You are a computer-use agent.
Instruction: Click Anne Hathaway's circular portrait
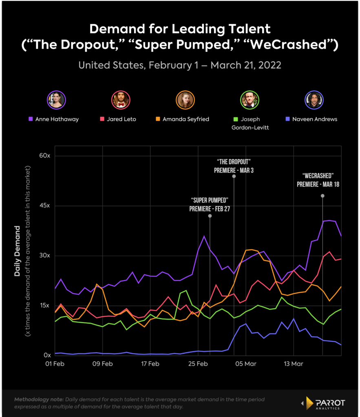click(x=56, y=99)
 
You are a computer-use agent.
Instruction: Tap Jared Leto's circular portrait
click(x=120, y=99)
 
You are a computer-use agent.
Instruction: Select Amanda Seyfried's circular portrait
click(x=185, y=99)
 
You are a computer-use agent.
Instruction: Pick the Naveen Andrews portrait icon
click(x=314, y=99)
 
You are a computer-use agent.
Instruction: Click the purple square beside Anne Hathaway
click(x=30, y=119)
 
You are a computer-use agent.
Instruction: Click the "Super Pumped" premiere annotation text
click(x=209, y=204)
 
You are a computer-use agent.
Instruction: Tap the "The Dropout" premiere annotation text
click(x=234, y=165)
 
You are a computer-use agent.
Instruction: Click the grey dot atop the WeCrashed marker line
click(x=322, y=196)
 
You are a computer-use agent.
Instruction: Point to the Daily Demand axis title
click(x=18, y=250)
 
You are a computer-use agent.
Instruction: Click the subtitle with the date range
click(x=180, y=65)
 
